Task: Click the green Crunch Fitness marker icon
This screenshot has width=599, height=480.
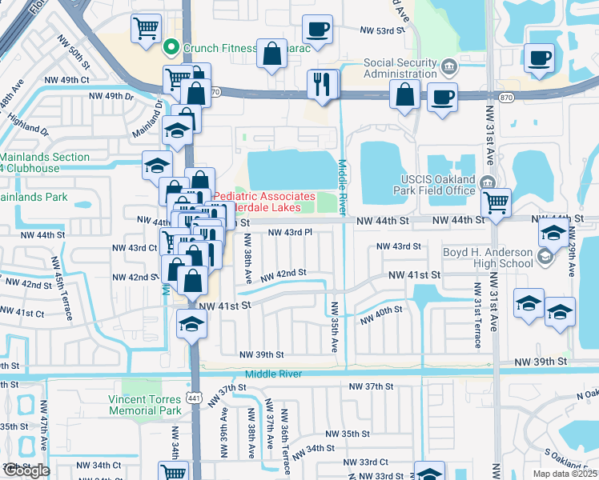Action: (171, 48)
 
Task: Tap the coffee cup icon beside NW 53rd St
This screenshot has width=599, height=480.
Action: (317, 30)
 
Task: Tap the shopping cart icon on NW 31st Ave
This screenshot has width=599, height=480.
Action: (496, 202)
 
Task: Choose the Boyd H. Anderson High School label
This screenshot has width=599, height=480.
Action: (488, 257)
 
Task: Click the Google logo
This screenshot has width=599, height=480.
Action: (26, 470)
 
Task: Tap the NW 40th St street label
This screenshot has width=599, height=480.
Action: (380, 316)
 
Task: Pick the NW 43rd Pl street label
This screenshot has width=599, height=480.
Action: (289, 232)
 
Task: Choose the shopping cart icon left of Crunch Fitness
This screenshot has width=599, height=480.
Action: (146, 28)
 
